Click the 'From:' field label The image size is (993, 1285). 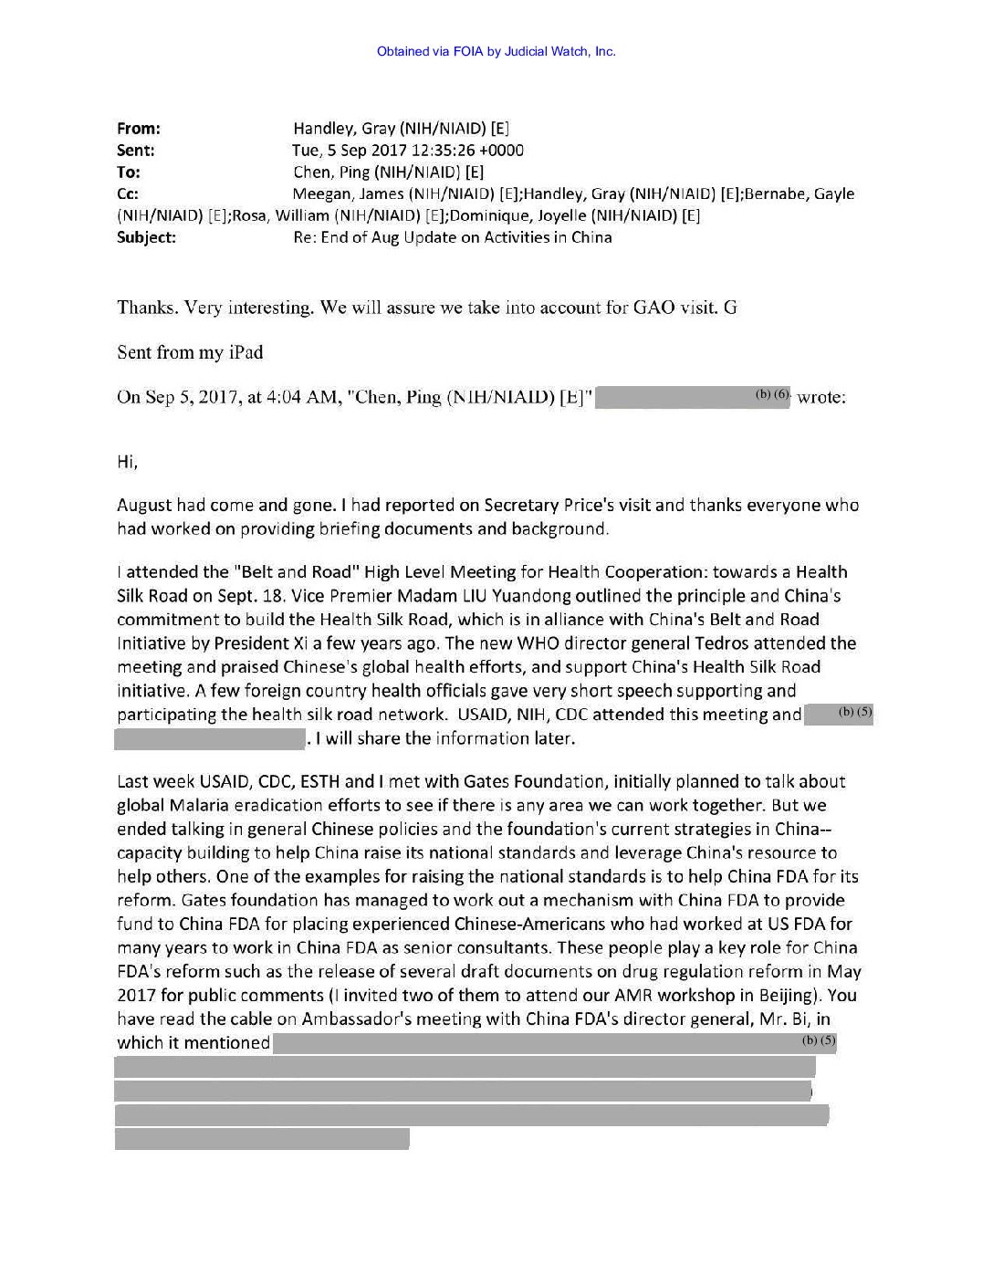(x=139, y=129)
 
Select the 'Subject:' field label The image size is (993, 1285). (x=146, y=237)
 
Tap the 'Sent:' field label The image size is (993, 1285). (x=136, y=151)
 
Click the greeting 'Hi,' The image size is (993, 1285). (x=127, y=462)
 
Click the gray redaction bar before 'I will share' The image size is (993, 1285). (x=210, y=738)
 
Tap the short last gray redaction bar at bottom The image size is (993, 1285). (x=262, y=1138)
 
